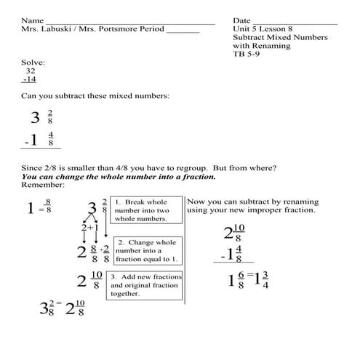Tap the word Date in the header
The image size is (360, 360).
pyautogui.click(x=242, y=20)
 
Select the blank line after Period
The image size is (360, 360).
pyautogui.click(x=183, y=31)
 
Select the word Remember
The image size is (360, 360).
pyautogui.click(x=43, y=185)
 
